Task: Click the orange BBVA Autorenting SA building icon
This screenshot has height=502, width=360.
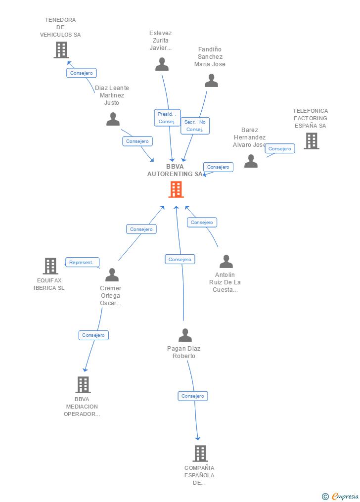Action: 176,189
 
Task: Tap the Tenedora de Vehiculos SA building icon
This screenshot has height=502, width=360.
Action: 61,50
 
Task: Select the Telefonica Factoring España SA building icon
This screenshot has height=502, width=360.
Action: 311,141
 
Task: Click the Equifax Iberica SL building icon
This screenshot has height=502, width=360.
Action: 50,266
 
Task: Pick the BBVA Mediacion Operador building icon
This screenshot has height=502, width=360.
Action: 83,385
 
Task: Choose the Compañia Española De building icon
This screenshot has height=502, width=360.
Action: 200,454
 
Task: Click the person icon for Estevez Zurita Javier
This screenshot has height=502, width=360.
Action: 162,64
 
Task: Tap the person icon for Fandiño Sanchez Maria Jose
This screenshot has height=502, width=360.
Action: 211,81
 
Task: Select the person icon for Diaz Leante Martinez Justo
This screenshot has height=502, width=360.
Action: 113,119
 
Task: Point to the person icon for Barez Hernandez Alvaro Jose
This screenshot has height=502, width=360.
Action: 251,161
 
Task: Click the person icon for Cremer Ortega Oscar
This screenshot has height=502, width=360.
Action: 112,275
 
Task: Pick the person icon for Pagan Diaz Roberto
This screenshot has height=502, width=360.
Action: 185,335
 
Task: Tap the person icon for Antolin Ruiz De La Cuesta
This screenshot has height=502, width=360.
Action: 226,262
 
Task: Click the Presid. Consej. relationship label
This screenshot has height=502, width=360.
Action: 167,118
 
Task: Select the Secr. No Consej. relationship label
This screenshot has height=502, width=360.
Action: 195,126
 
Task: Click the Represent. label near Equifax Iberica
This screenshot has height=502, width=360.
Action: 82,263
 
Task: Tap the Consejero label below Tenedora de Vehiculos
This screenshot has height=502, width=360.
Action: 82,73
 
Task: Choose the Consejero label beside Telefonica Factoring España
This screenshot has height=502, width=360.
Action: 280,148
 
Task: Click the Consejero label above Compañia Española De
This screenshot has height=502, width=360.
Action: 193,396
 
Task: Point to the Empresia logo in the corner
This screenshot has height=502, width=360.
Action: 341,496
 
